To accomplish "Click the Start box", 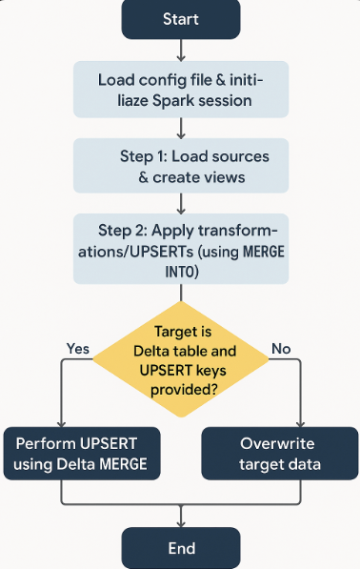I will pyautogui.click(x=181, y=20).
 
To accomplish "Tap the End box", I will pyautogui.click(x=181, y=548).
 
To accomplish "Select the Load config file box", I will pyautogui.click(x=181, y=90).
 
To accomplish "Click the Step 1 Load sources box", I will pyautogui.click(x=181, y=165).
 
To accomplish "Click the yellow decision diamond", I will pyautogui.click(x=181, y=354).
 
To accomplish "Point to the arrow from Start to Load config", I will pyautogui.click(x=181, y=51).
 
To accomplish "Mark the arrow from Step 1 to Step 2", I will pyautogui.click(x=181, y=202).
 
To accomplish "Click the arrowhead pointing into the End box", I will pyautogui.click(x=181, y=521).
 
